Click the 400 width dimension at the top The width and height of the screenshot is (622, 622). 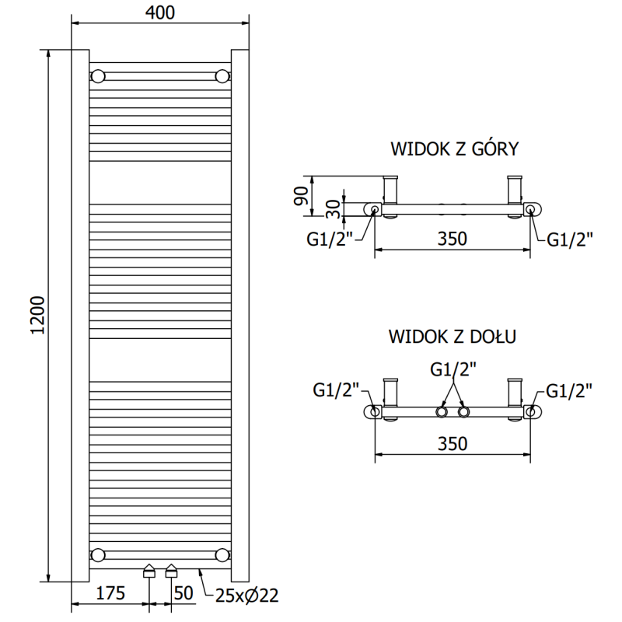point(159,12)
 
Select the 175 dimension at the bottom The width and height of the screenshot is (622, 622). point(110,594)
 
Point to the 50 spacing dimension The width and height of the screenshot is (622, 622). point(183,594)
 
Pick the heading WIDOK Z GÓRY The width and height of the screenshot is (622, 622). point(454,149)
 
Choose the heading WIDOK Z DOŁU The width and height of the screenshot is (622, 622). point(453,337)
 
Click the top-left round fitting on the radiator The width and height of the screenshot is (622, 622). point(99,76)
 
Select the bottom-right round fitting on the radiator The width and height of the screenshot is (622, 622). point(223,554)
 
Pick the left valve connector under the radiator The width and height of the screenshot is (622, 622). point(149,573)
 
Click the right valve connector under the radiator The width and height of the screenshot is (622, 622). point(172,573)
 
